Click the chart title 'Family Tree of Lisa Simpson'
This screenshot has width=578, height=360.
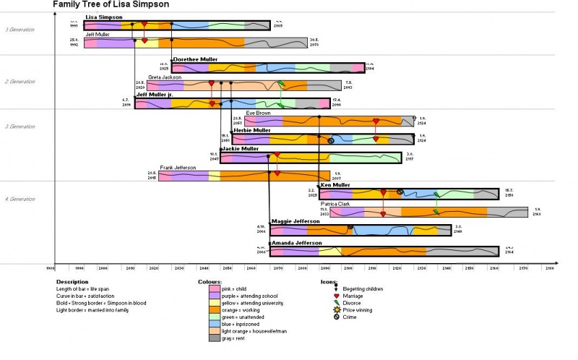point(111,4)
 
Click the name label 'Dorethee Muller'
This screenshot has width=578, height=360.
point(195,59)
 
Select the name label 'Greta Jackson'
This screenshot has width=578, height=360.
point(165,77)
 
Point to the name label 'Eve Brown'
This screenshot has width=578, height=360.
point(257,113)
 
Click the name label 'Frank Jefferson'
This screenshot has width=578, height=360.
point(178,168)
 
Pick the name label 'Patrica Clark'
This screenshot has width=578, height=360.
point(335,204)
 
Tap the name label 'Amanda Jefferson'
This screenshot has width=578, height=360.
point(296,243)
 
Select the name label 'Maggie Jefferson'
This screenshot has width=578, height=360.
point(295,221)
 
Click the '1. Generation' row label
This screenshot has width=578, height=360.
point(20,30)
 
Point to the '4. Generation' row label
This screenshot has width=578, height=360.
point(20,199)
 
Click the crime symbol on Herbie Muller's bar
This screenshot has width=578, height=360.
point(331,140)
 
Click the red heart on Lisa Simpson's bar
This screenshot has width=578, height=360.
point(144,25)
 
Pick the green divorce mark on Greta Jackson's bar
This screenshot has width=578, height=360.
point(282,85)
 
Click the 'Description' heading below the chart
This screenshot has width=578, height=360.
point(72,282)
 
